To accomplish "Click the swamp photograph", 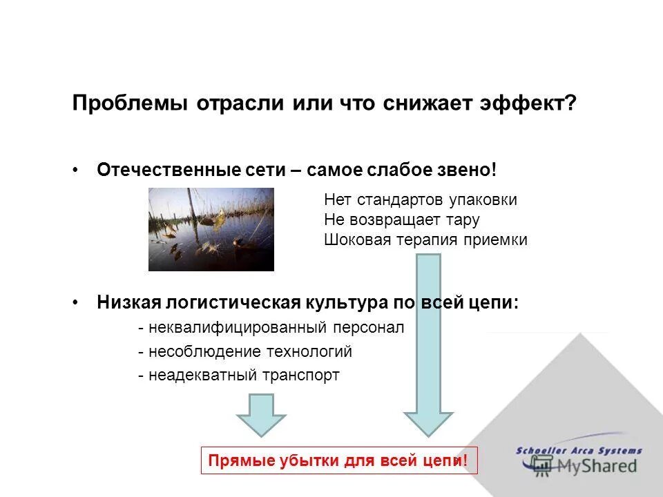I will coord(211,229).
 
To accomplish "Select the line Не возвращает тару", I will coord(401,220).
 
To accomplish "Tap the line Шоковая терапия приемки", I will coord(425,240).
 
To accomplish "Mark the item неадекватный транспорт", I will coord(239,376).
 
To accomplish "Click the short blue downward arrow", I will coord(261,414).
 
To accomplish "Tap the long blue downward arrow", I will coord(428,345).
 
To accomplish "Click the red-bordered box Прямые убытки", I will coord(338,460).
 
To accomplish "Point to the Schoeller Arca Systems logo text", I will coord(579,451).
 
